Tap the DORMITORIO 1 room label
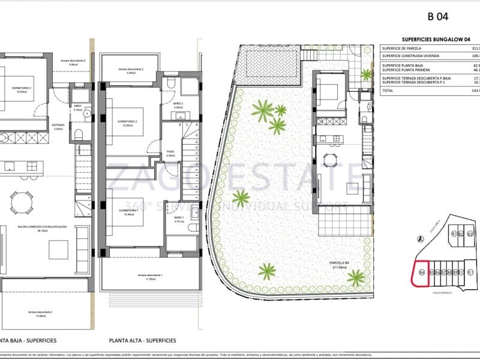click(128, 204)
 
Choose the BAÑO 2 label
click(178, 104)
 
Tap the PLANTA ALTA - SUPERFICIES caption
click(143, 340)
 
